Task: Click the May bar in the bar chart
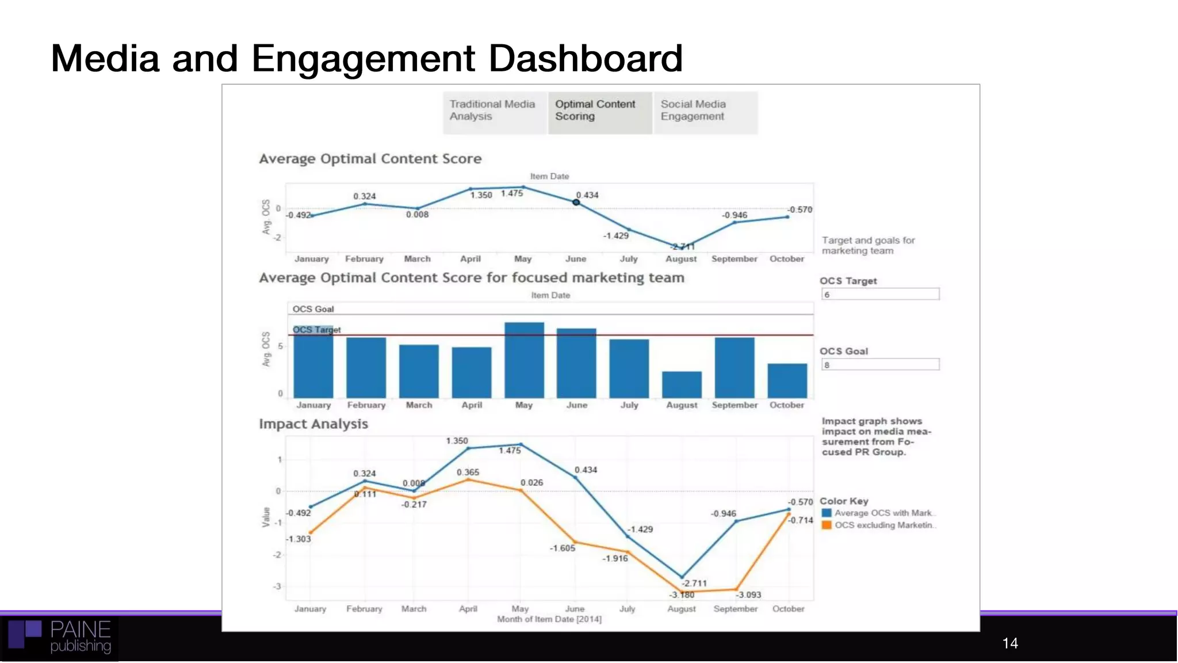point(524,360)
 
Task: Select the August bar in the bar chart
point(682,384)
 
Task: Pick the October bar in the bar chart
point(787,380)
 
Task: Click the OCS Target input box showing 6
point(880,294)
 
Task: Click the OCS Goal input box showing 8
point(880,364)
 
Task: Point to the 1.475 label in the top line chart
point(511,193)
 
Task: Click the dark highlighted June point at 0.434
point(576,202)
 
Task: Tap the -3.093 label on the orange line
point(748,595)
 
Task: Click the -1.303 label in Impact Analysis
point(299,539)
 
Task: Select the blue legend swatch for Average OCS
point(827,513)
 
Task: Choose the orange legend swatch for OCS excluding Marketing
point(827,525)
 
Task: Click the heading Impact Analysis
point(313,424)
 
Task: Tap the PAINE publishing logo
point(60,637)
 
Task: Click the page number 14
point(1010,643)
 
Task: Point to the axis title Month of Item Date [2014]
point(549,619)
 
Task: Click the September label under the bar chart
point(735,405)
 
